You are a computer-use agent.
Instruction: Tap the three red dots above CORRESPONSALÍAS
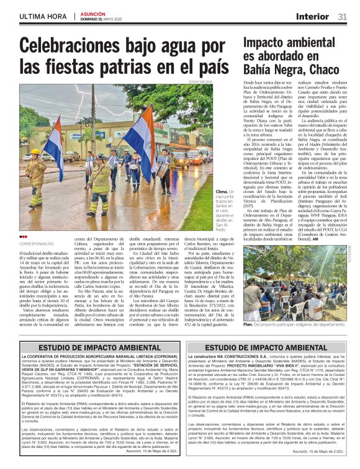24,236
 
